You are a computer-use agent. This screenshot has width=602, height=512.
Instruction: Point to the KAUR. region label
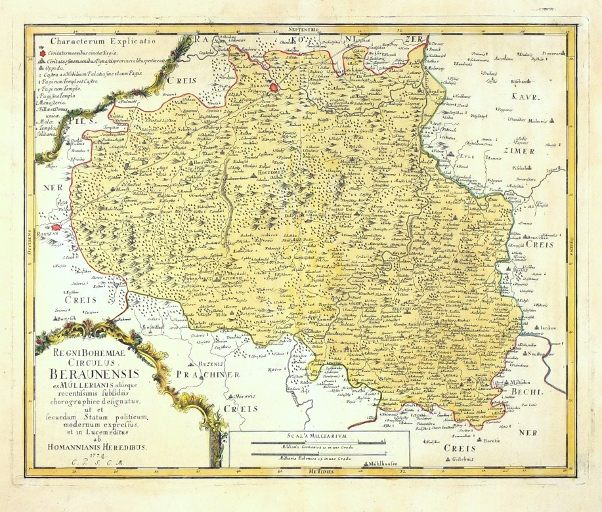pos(525,97)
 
